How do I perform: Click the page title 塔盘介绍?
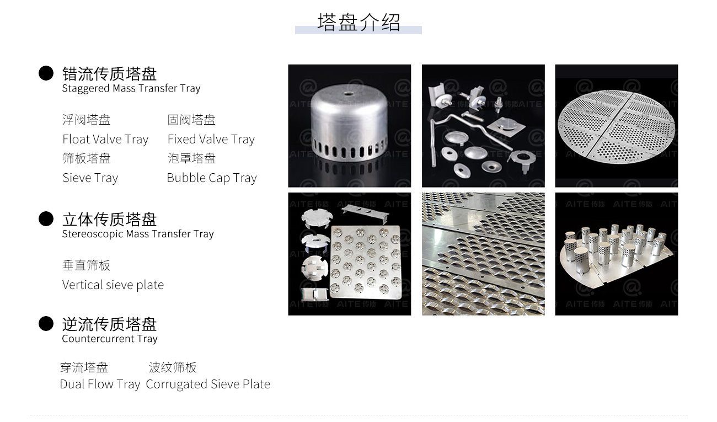[x=358, y=23]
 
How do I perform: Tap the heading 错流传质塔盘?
[x=109, y=74]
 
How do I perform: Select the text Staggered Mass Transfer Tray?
[x=131, y=88]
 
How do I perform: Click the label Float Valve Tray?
[x=106, y=139]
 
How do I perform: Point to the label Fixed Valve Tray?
[x=211, y=139]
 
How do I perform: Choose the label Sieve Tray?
[x=90, y=178]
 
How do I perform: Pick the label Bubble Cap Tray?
[x=212, y=178]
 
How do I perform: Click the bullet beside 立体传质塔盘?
[x=46, y=218]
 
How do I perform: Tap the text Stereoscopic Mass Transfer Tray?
[x=138, y=234]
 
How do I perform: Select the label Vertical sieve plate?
[x=113, y=285]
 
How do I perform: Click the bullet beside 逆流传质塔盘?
[x=46, y=323]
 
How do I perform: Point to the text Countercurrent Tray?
[x=110, y=339]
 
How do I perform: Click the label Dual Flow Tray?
[x=100, y=384]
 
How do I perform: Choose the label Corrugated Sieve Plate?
[x=208, y=384]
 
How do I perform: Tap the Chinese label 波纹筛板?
[x=173, y=367]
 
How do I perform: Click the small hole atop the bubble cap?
[x=347, y=94]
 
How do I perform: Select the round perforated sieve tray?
[x=616, y=126]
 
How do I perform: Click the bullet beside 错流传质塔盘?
[x=46, y=73]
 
